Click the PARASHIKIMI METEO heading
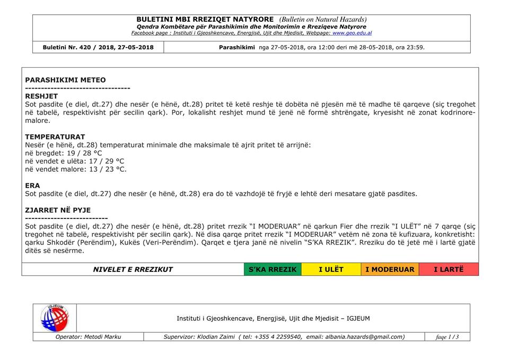[x=65, y=80]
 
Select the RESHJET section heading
[x=41, y=96]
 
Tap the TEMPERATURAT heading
[x=55, y=137]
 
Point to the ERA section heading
[x=32, y=186]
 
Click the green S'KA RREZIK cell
[x=273, y=269]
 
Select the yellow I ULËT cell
[x=331, y=269]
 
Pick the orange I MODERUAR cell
[x=390, y=269]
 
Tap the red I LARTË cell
[x=449, y=269]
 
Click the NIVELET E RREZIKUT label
[x=133, y=269]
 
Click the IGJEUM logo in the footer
[x=55, y=318]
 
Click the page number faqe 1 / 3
[x=447, y=337]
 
